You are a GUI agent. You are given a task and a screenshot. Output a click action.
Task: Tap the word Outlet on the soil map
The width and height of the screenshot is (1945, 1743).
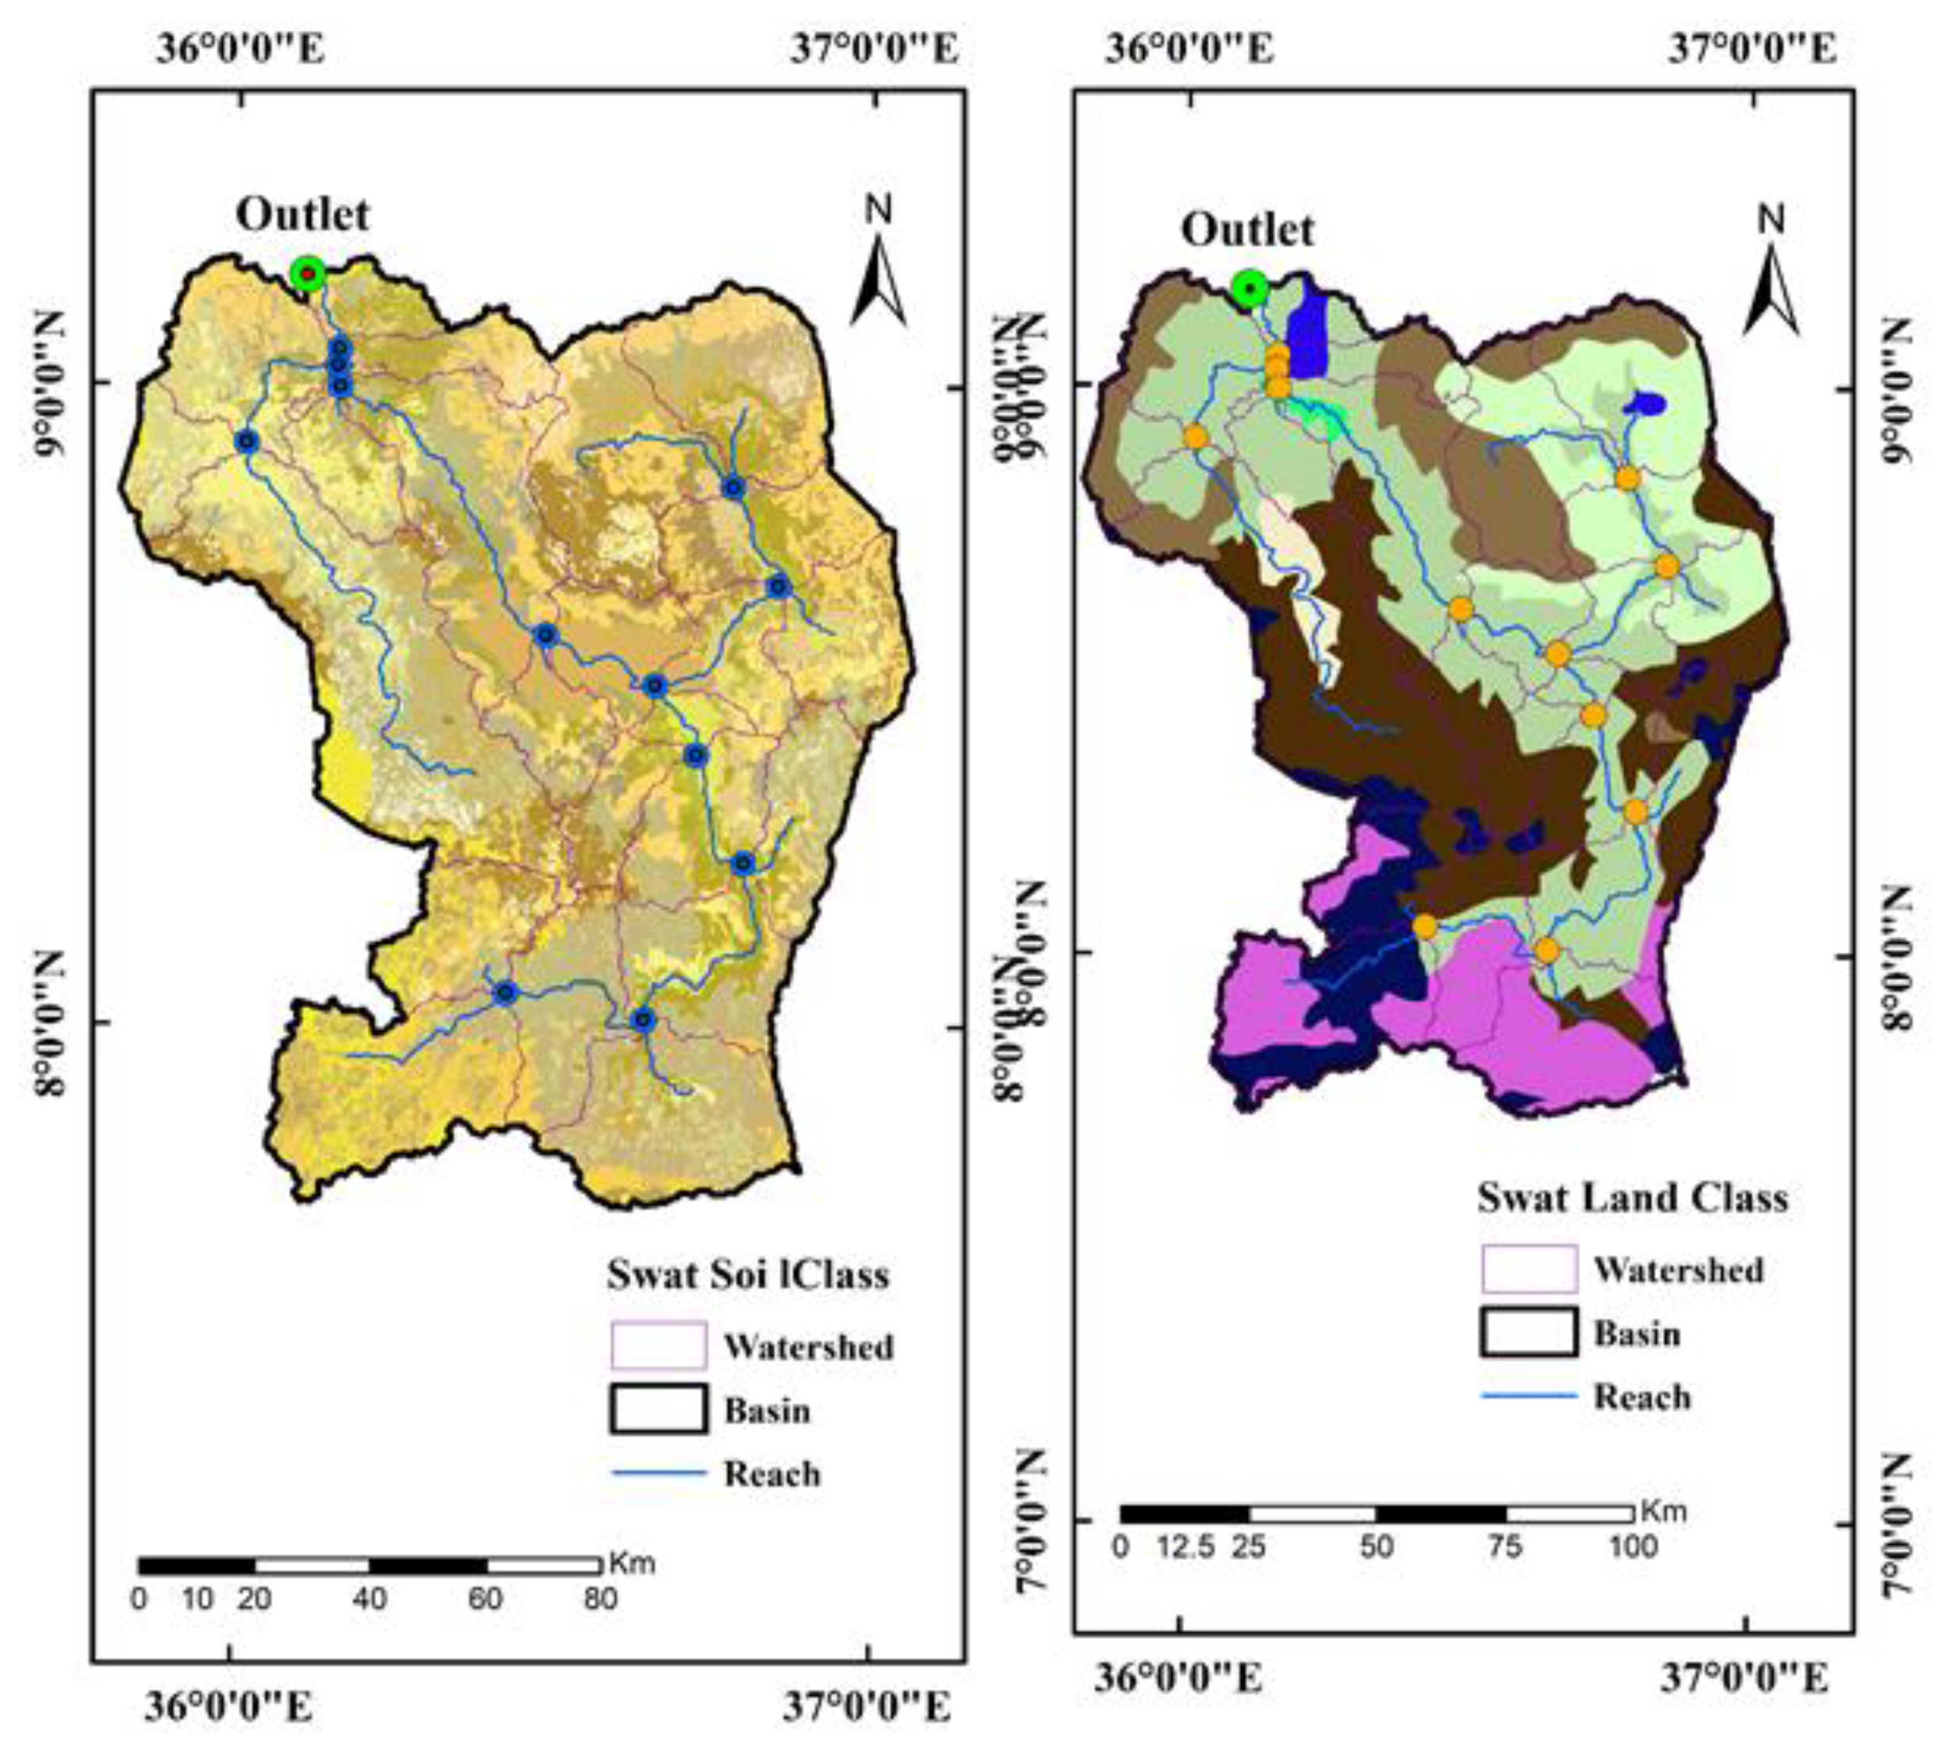pyautogui.click(x=303, y=215)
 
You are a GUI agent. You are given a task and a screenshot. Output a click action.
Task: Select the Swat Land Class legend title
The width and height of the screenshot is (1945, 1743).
pyautogui.click(x=1632, y=1198)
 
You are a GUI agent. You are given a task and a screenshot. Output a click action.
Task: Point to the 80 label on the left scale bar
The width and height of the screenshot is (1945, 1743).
pyautogui.click(x=600, y=1599)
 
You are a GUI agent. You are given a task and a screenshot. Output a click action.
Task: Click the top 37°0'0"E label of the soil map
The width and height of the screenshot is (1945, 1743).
pyautogui.click(x=873, y=48)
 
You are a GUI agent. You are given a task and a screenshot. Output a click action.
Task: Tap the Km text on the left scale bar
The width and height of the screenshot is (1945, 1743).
pyautogui.click(x=632, y=1564)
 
